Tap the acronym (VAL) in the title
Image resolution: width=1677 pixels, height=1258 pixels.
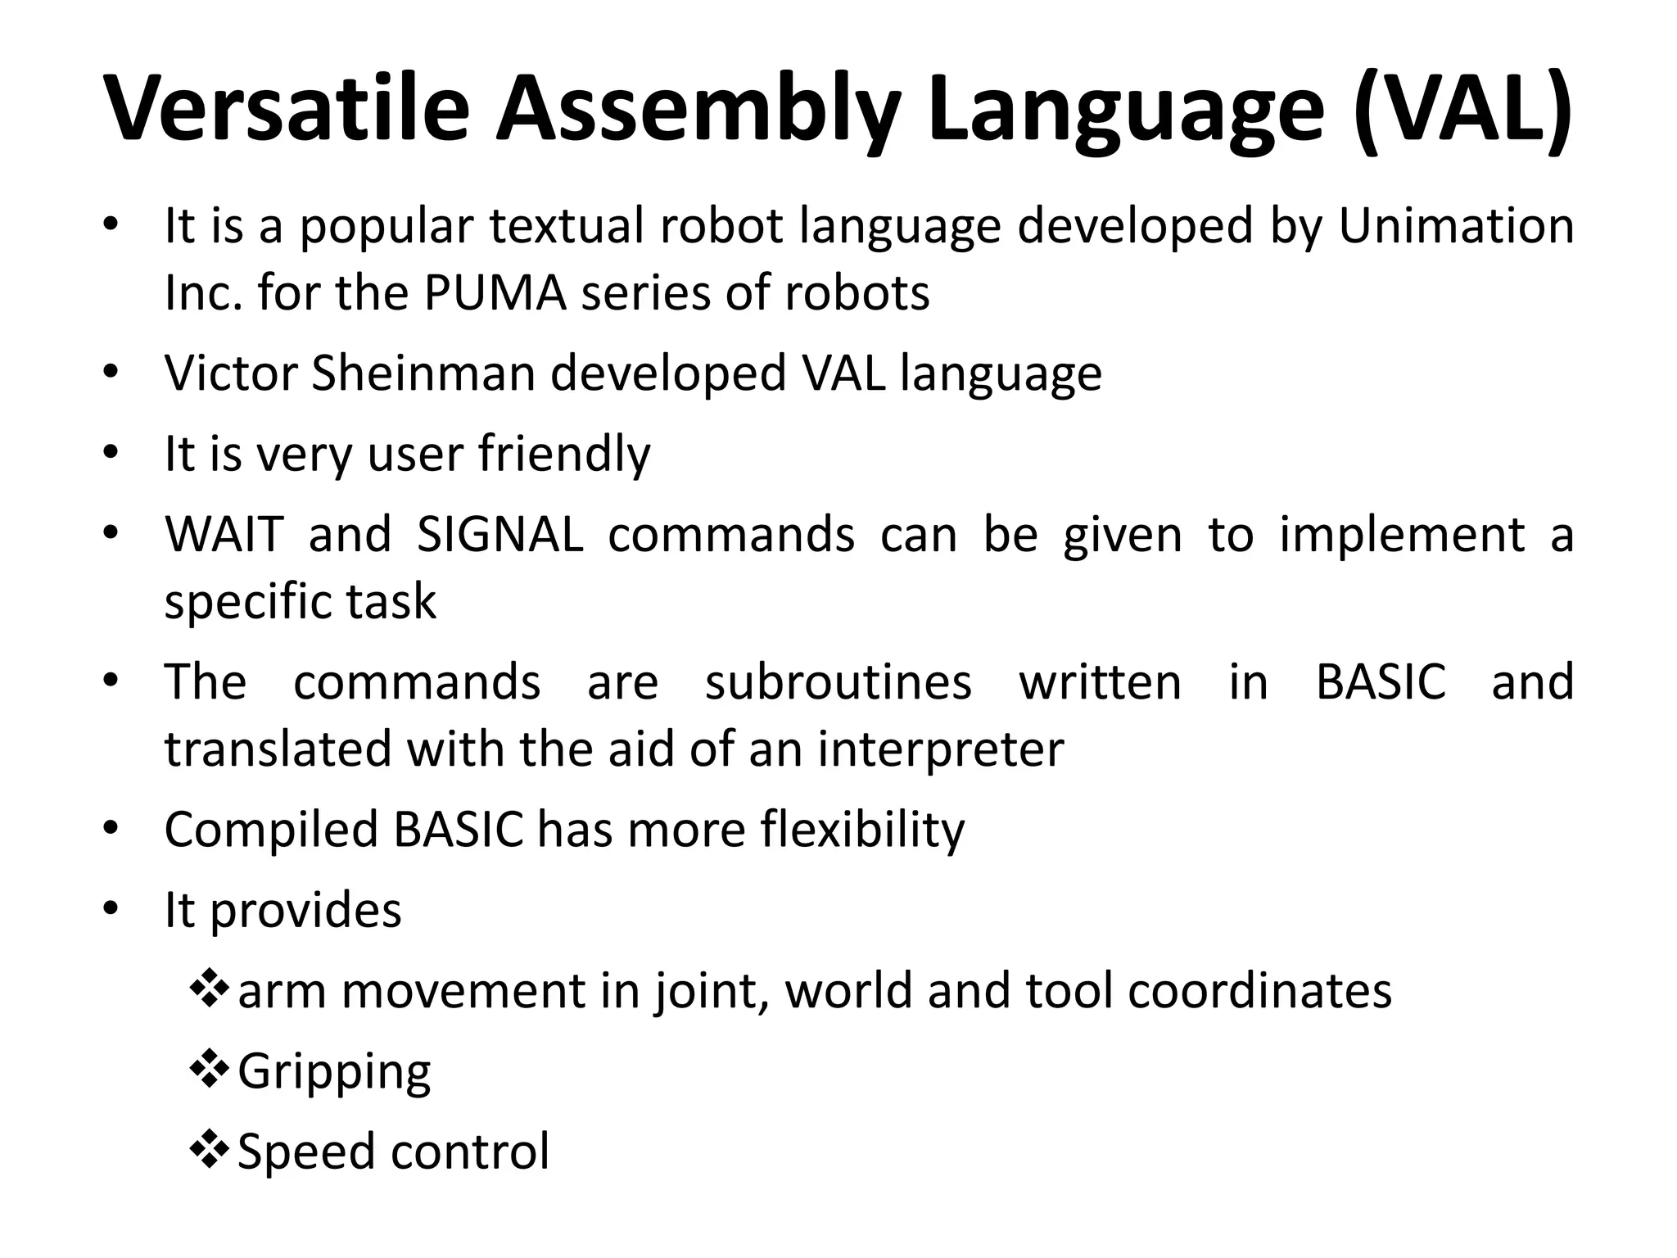(1461, 111)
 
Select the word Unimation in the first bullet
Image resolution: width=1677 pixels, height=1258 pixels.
(1456, 226)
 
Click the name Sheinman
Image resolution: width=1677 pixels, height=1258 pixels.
(423, 373)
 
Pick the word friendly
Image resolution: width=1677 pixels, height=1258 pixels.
(564, 455)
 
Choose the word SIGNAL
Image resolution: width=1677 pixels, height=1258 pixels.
(499, 535)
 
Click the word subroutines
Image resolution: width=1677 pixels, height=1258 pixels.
(838, 682)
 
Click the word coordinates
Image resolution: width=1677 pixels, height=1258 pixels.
(1259, 991)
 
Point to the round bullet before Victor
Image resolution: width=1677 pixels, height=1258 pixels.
(111, 373)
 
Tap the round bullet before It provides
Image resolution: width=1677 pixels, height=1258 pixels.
(111, 909)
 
